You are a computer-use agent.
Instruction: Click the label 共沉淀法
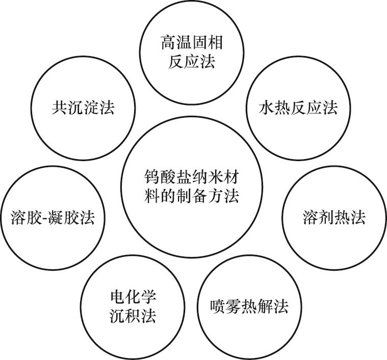[83, 108]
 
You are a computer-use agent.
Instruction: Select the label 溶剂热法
[334, 218]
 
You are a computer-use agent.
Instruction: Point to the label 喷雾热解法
[249, 306]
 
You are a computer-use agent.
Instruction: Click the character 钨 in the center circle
[152, 178]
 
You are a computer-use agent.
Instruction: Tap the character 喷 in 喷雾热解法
[218, 306]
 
